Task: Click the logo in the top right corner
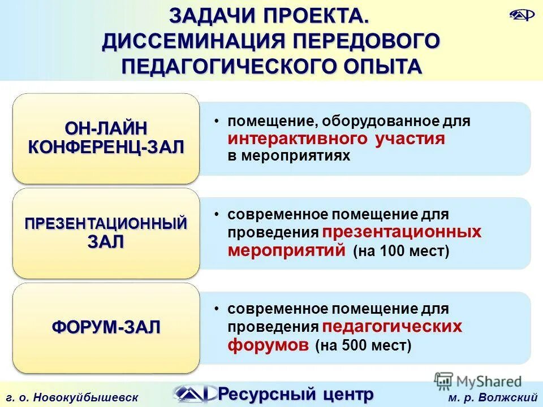pyautogui.click(x=521, y=15)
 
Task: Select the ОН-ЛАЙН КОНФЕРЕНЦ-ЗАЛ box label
pyautogui.click(x=106, y=138)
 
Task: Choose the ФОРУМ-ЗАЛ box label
pyautogui.click(x=106, y=326)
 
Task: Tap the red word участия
pyautogui.click(x=410, y=139)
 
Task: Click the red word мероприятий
pyautogui.click(x=286, y=250)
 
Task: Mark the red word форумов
pyautogui.click(x=269, y=344)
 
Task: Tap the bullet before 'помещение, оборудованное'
pyautogui.click(x=217, y=122)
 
